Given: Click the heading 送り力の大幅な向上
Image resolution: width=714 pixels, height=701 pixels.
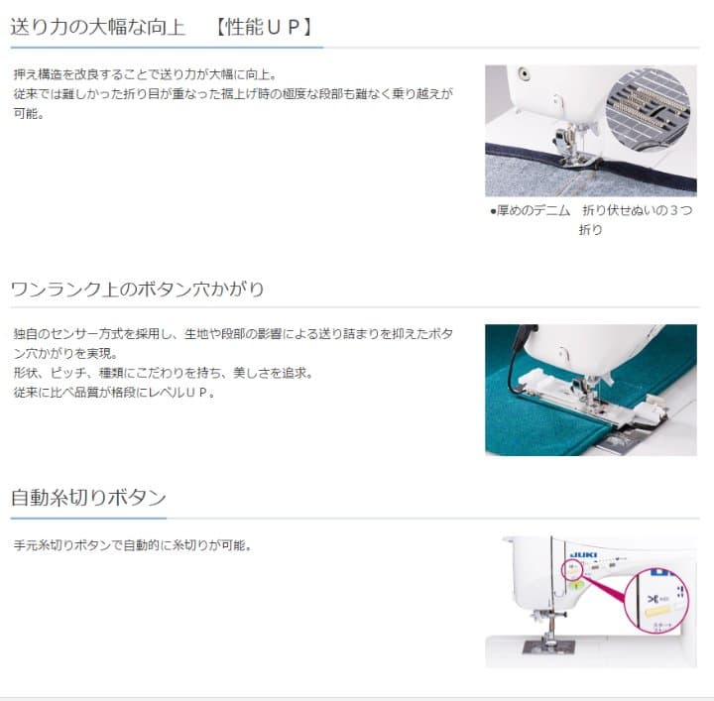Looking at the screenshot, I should click(98, 27).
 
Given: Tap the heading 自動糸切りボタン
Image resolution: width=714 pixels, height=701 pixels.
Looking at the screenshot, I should click(88, 497).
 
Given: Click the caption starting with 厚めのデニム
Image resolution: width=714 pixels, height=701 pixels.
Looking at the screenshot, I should click(591, 219).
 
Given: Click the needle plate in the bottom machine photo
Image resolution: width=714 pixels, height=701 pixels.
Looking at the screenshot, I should click(545, 645).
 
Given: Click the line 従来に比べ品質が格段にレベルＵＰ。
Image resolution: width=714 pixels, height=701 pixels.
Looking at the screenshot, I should click(114, 392).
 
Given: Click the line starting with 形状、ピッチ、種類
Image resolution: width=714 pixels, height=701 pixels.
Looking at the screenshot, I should click(164, 373).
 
